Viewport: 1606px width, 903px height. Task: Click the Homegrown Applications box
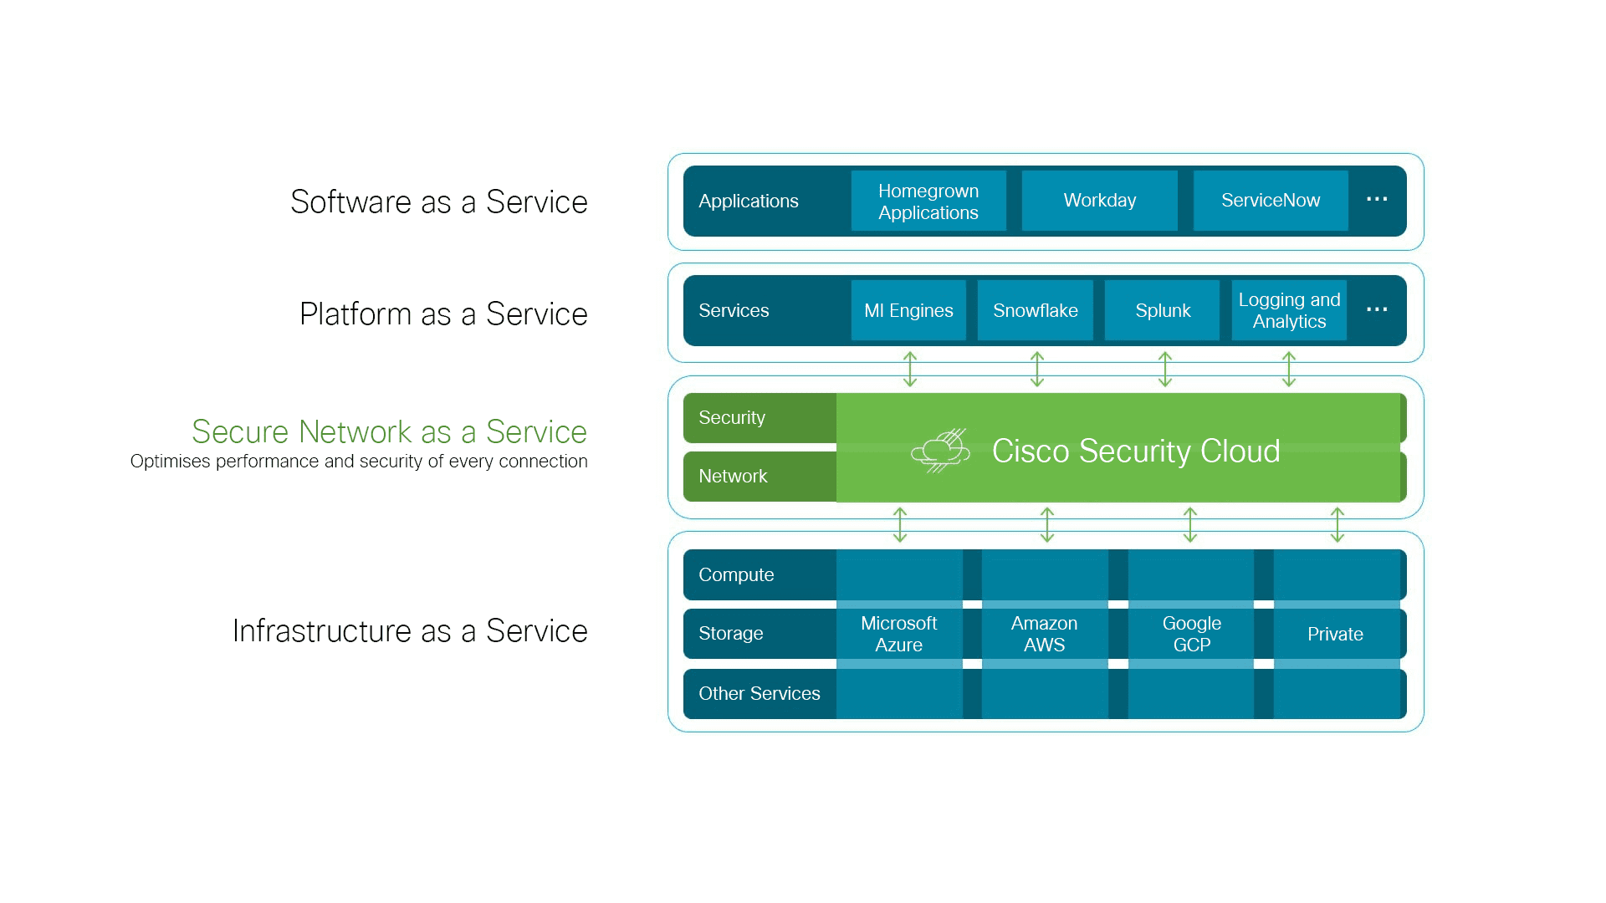click(928, 201)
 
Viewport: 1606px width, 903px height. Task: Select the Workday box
click(1100, 201)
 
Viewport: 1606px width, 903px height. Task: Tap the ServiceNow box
click(1271, 201)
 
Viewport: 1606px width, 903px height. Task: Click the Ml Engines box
click(908, 310)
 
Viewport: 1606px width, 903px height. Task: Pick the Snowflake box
click(1036, 310)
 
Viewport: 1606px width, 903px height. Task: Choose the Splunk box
click(1163, 310)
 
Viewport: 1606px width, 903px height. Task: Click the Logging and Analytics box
click(1289, 310)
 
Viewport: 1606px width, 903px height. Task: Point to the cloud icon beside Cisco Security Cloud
click(940, 451)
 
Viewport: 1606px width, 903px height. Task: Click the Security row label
click(732, 417)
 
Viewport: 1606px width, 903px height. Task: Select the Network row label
click(733, 476)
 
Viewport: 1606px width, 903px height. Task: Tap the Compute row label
click(736, 574)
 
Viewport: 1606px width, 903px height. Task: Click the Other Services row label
click(760, 693)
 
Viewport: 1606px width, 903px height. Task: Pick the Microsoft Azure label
click(899, 634)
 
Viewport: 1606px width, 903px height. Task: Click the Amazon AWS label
click(1045, 634)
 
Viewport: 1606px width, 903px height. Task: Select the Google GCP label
click(1192, 634)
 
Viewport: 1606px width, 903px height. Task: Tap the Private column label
click(1336, 634)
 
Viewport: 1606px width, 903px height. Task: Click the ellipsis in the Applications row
click(1377, 199)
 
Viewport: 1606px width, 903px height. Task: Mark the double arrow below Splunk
click(1165, 369)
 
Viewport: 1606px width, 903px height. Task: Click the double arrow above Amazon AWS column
click(1047, 524)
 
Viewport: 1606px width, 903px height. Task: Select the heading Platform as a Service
click(443, 314)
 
